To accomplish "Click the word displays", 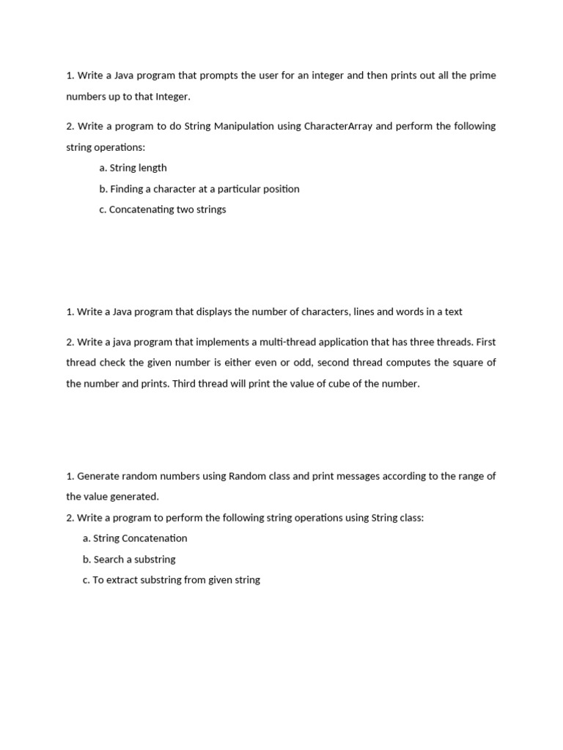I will [218, 311].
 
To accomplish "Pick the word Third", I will [185, 384].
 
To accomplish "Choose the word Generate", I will [97, 476].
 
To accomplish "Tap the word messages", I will [361, 476].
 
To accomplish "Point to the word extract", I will [122, 580].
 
